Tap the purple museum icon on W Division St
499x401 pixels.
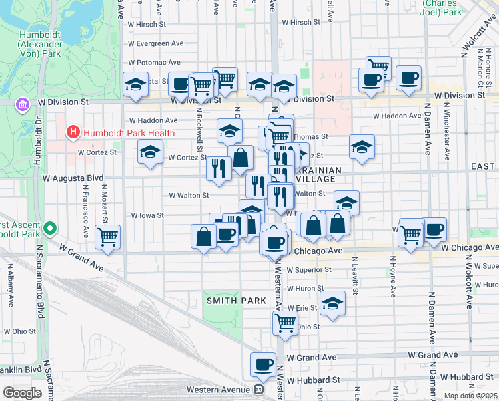[x=23, y=104]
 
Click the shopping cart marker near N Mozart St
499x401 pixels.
[x=108, y=236]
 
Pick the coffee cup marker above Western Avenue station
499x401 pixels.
[x=263, y=365]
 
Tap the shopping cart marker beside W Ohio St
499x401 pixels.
[x=285, y=323]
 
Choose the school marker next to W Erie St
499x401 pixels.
[x=332, y=303]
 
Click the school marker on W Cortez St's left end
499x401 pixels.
[x=151, y=152]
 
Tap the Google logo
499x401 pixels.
[x=22, y=393]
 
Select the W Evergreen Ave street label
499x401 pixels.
[x=156, y=43]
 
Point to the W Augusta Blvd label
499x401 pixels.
[x=73, y=178]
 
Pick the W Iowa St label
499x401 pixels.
[x=147, y=216]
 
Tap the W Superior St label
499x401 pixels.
[x=309, y=270]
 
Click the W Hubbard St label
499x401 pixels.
[x=317, y=380]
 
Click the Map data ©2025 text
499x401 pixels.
[x=470, y=396]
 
